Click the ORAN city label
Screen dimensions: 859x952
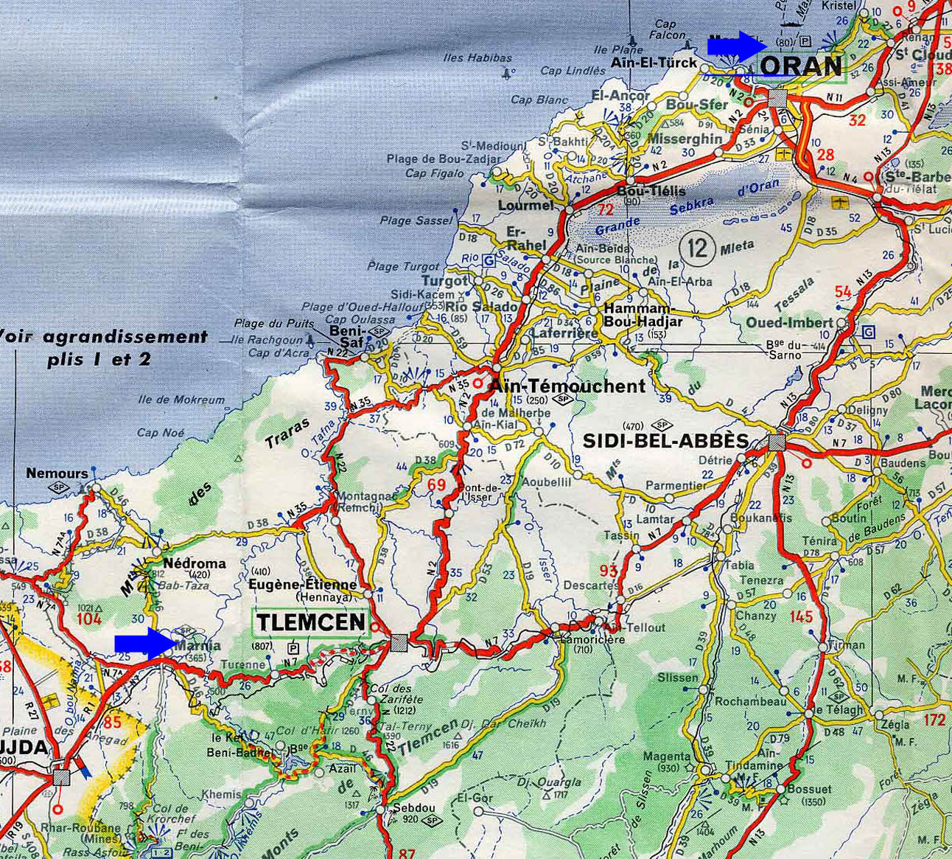pos(800,66)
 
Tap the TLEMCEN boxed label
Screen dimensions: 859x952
pos(311,622)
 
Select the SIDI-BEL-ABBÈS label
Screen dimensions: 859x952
pos(665,440)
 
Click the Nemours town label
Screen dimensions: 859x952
pos(57,473)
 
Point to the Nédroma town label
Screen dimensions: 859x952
pos(195,563)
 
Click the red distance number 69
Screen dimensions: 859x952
pos(437,484)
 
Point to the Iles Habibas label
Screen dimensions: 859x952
pos(477,58)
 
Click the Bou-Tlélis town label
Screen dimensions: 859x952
pos(651,191)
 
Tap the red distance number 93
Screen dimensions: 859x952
pos(609,570)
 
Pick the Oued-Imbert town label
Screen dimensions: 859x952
pos(789,322)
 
